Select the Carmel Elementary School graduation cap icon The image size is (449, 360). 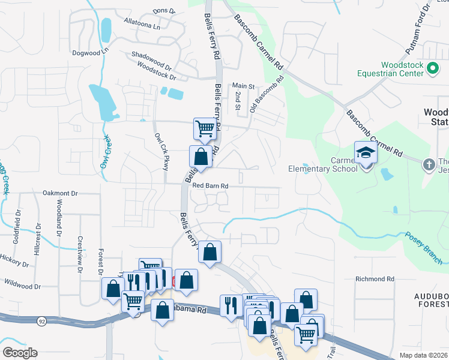(x=366, y=152)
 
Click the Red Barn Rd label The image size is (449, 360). (x=211, y=186)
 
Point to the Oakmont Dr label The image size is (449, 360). (x=61, y=193)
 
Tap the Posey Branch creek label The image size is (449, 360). (x=424, y=248)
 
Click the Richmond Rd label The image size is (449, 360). (x=375, y=279)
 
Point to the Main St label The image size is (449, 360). (x=244, y=86)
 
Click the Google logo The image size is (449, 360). (x=20, y=353)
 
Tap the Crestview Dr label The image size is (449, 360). (x=79, y=253)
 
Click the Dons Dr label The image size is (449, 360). (x=163, y=11)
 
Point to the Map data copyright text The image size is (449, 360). (x=423, y=355)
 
